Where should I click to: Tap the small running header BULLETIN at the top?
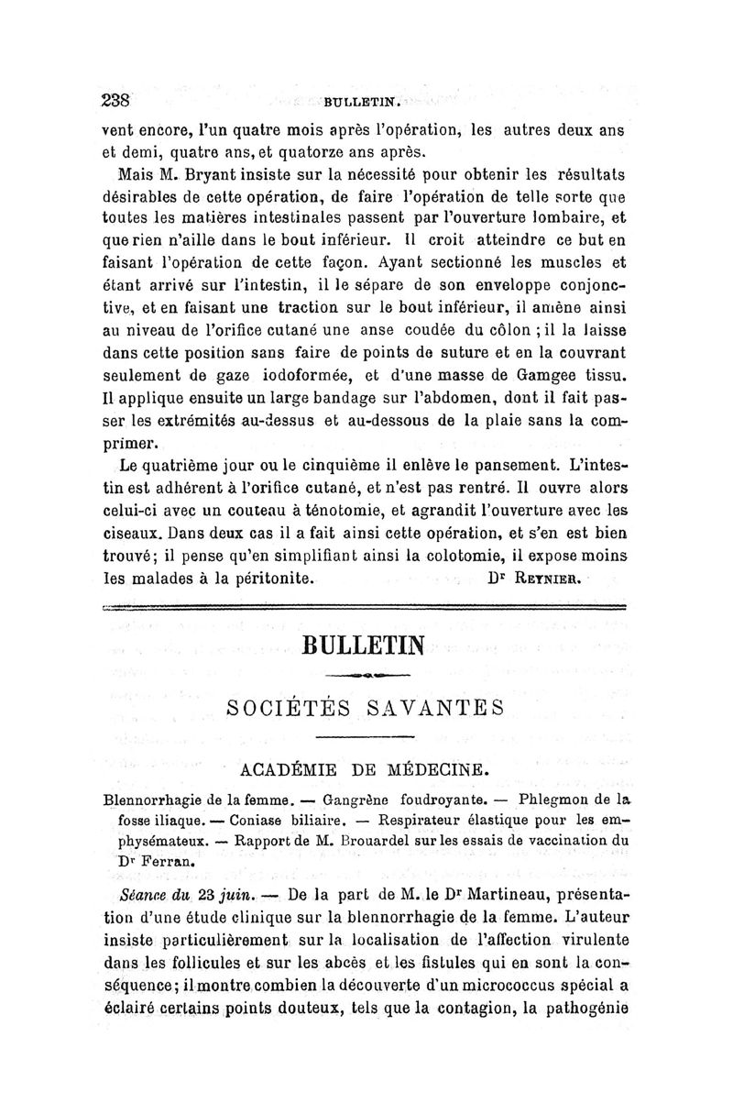358,104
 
